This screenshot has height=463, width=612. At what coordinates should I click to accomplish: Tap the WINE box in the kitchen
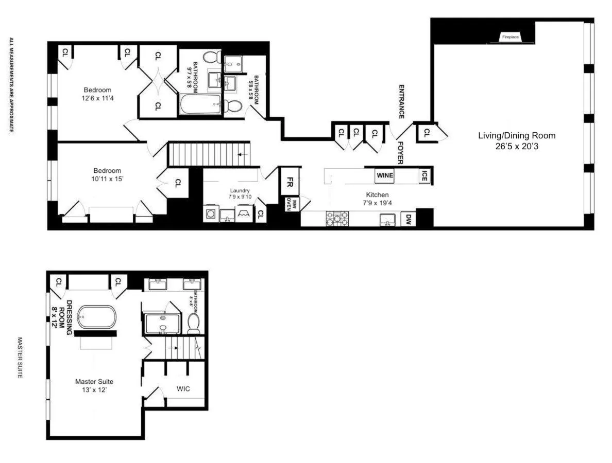click(x=385, y=175)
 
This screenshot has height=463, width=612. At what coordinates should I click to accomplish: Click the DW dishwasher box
click(x=409, y=219)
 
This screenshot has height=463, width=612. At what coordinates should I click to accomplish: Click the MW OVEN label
click(x=288, y=204)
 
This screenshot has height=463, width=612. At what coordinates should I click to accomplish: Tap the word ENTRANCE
click(x=400, y=102)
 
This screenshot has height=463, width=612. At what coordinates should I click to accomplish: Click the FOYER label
click(x=400, y=152)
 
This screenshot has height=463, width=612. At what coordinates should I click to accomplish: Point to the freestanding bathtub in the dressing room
click(x=97, y=317)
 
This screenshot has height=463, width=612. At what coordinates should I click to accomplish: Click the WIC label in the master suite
click(x=183, y=389)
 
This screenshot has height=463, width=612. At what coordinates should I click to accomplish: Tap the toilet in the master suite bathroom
click(x=194, y=324)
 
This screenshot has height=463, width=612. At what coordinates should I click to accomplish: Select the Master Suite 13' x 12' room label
click(x=94, y=386)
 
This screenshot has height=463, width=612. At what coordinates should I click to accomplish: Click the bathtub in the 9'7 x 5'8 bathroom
click(x=201, y=104)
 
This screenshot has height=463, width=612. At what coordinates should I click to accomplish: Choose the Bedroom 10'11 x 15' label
click(x=107, y=175)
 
